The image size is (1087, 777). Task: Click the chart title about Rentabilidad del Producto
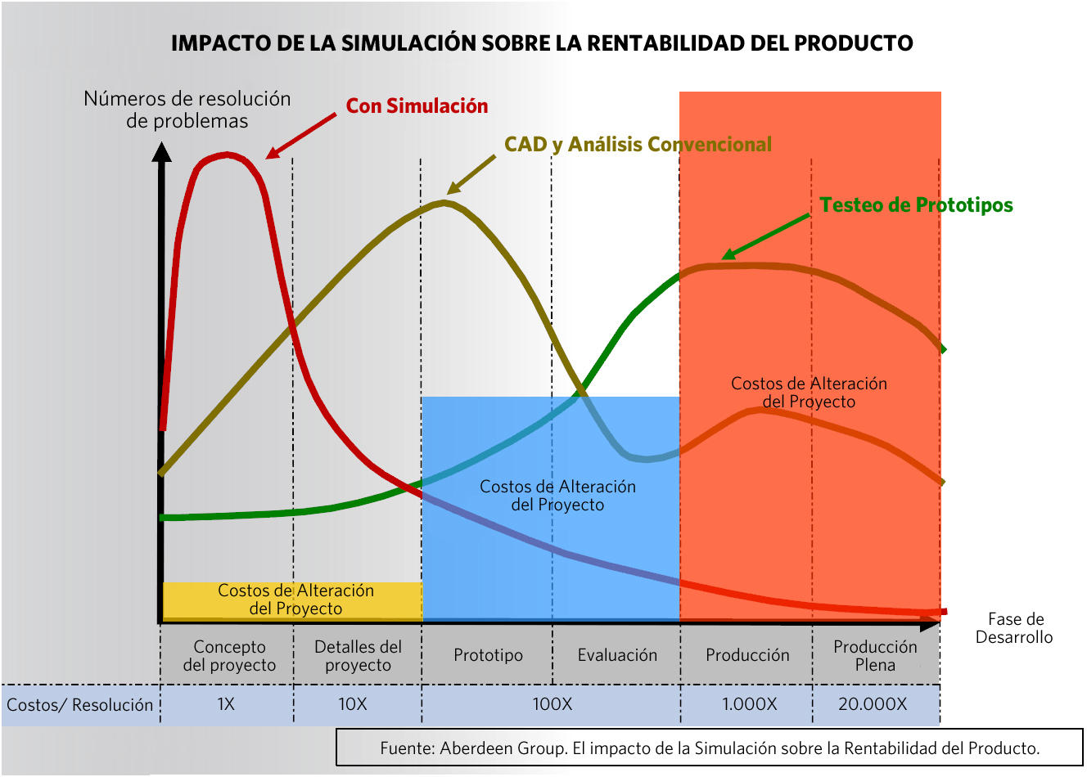(542, 43)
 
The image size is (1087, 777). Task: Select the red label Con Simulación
(417, 106)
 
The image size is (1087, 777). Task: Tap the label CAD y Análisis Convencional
(638, 145)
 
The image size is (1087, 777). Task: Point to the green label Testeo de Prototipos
(916, 205)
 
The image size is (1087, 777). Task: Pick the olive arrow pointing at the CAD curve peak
(471, 174)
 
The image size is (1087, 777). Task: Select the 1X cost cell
(226, 704)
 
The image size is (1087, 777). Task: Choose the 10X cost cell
(353, 704)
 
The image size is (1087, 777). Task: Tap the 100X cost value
(552, 704)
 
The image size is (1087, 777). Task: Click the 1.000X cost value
(749, 704)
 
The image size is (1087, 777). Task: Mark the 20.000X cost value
(873, 704)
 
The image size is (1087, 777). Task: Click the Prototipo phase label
(488, 655)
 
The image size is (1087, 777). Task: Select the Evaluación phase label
(617, 655)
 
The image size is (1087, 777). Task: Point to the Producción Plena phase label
(875, 655)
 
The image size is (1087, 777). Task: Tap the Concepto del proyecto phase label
(229, 655)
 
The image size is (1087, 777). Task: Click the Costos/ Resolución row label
(79, 705)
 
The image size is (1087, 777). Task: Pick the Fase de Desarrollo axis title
(1014, 628)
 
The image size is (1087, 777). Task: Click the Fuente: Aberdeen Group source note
(709, 748)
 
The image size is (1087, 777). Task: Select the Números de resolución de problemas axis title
(187, 110)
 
